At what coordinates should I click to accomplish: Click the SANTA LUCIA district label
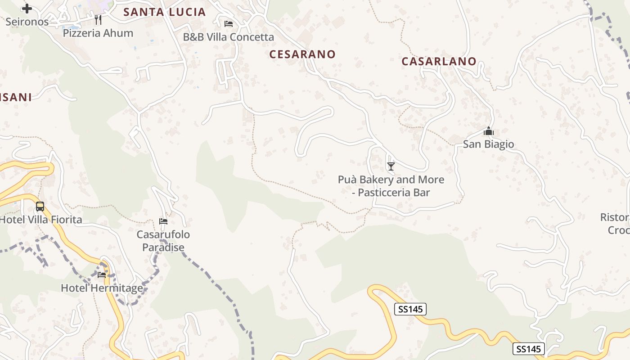[x=165, y=12]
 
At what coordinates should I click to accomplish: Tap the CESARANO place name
[x=302, y=54]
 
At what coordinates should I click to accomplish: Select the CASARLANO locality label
[x=439, y=61]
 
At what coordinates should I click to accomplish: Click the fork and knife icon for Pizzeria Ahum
[x=98, y=20]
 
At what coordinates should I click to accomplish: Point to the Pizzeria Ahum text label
[x=98, y=33]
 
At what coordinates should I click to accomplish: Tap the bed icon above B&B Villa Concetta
[x=229, y=23]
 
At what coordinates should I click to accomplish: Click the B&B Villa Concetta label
[x=229, y=37]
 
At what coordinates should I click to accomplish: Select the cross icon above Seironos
[x=27, y=9]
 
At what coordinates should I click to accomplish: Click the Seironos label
[x=27, y=22]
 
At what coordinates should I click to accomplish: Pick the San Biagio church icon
[x=488, y=131]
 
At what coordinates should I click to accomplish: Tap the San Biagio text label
[x=488, y=144]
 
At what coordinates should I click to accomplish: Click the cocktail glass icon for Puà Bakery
[x=391, y=166]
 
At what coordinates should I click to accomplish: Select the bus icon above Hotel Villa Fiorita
[x=40, y=207]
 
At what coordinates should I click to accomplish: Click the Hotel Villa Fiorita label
[x=41, y=220]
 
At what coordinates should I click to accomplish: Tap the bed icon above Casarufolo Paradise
[x=163, y=221]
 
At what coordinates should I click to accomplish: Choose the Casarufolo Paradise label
[x=163, y=241]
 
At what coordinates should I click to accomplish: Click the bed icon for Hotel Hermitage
[x=102, y=274]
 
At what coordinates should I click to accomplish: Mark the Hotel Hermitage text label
[x=102, y=288]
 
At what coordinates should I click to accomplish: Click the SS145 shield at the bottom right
[x=528, y=349]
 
